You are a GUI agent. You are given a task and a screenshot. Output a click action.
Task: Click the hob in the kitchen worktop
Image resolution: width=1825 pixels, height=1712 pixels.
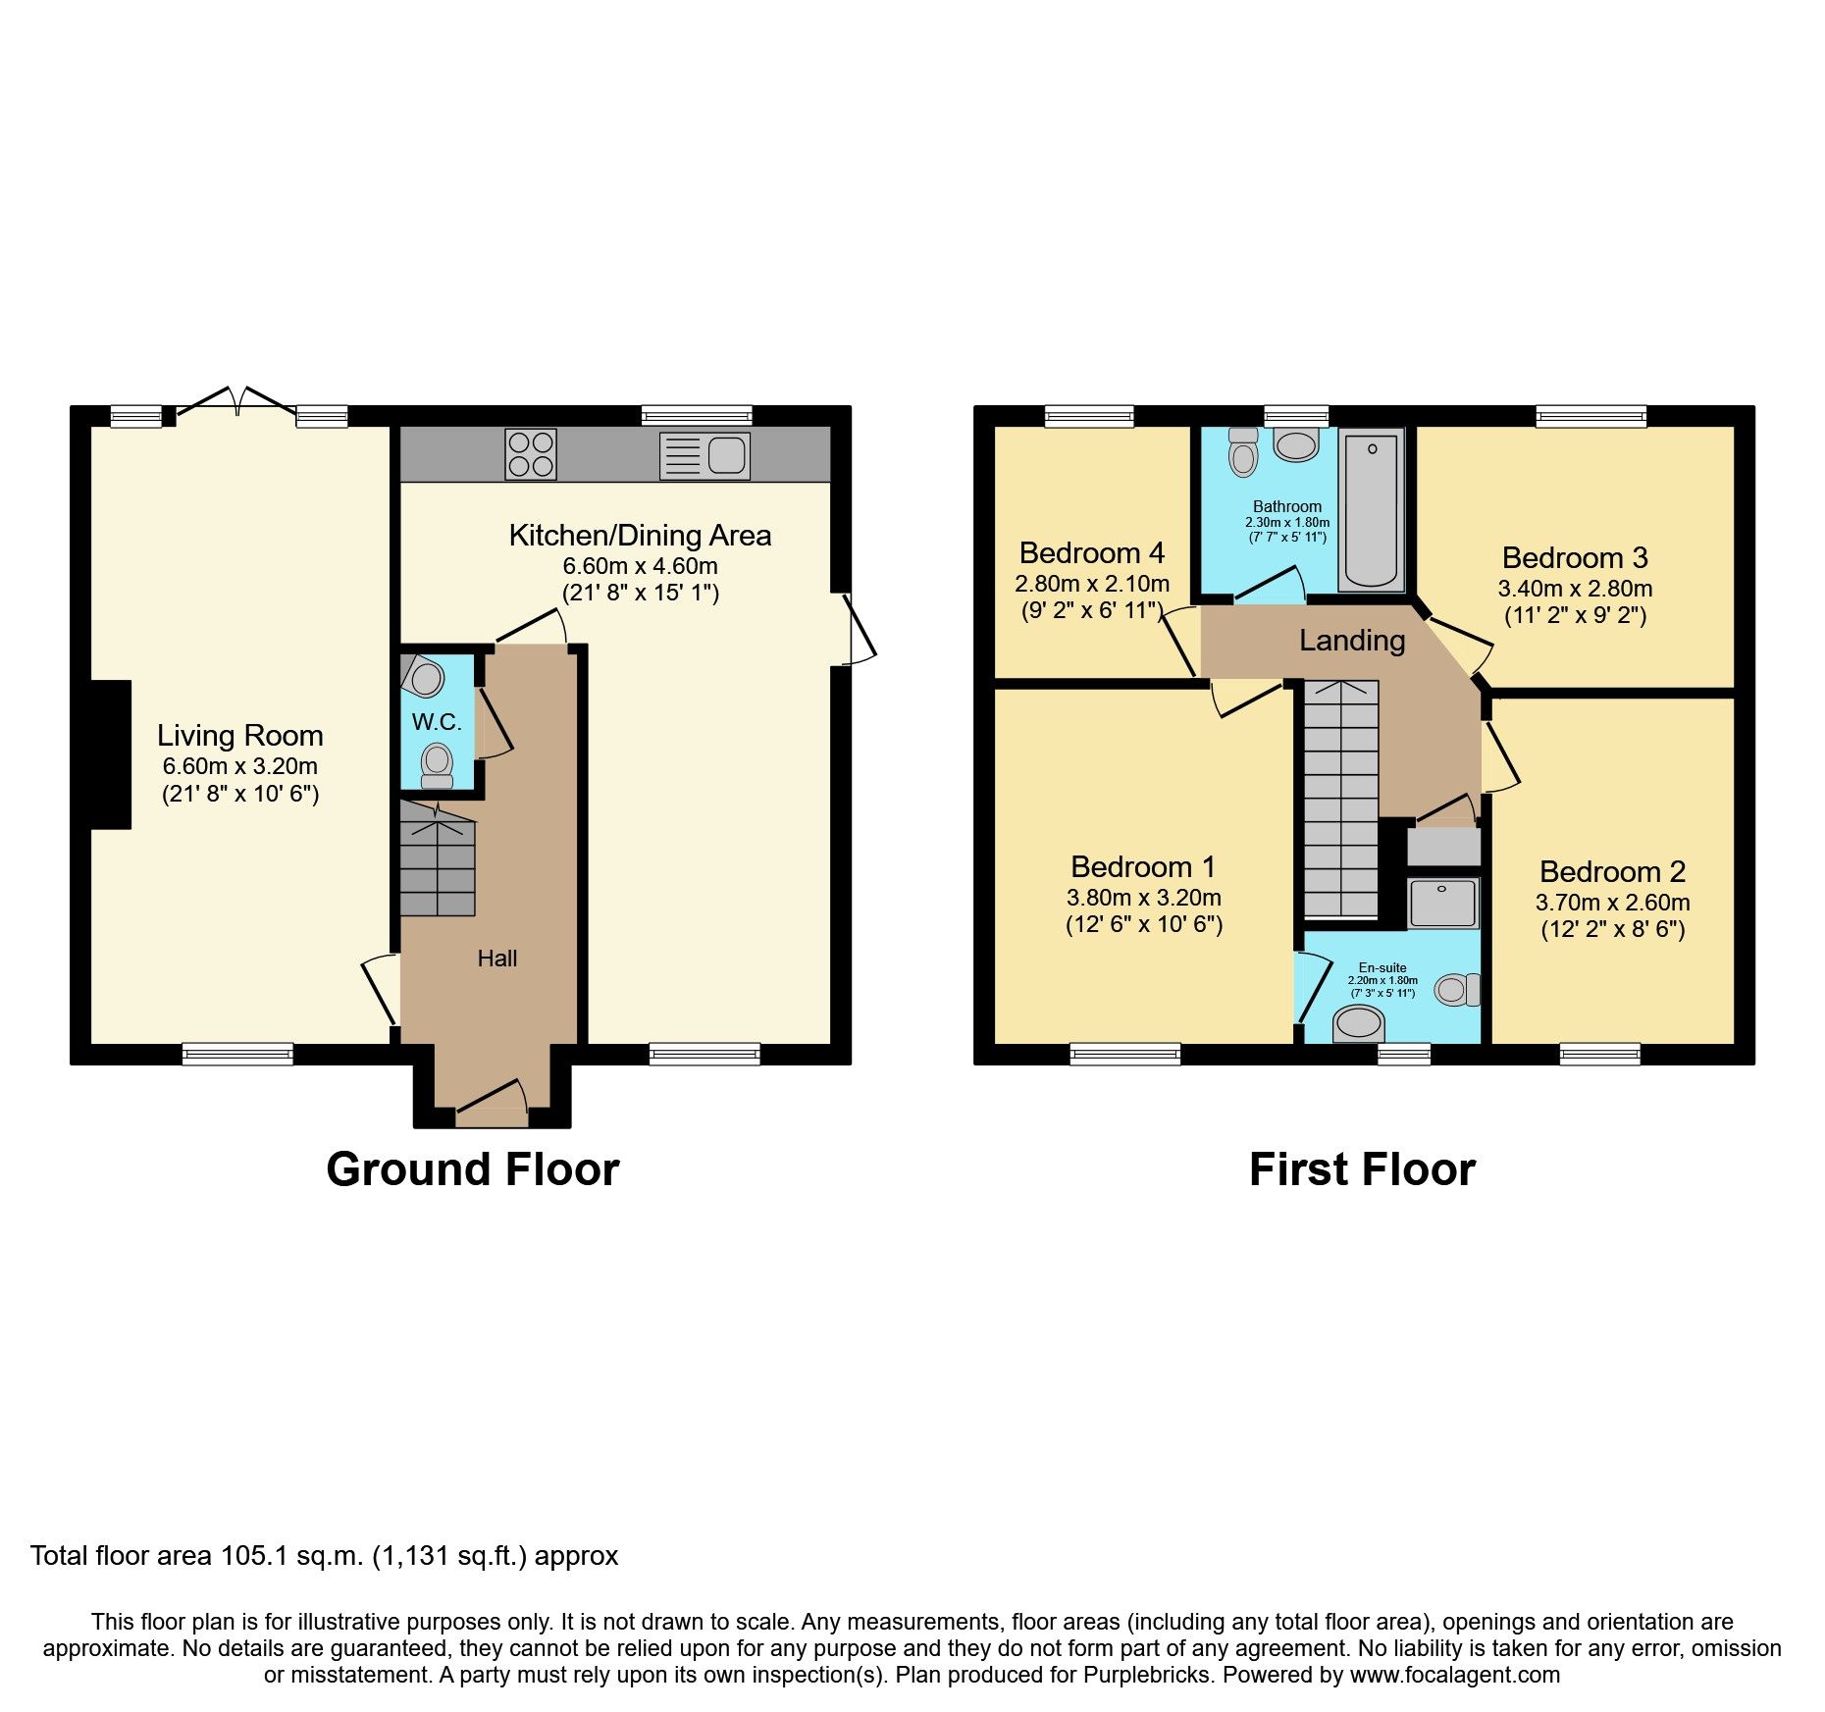tap(531, 454)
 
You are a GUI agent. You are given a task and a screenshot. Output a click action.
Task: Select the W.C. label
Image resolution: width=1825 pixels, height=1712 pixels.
tap(437, 722)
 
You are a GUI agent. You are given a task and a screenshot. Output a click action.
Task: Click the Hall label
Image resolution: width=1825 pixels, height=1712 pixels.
tap(497, 959)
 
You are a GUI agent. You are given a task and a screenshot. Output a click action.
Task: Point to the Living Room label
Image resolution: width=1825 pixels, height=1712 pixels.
tap(240, 736)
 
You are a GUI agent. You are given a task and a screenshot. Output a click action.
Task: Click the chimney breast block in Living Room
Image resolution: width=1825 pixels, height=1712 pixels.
tap(111, 754)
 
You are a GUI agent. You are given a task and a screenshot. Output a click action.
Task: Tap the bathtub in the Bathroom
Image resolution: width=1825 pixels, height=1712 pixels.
tap(1371, 510)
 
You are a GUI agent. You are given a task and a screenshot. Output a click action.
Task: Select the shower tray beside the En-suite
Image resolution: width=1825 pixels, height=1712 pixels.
tap(1442, 903)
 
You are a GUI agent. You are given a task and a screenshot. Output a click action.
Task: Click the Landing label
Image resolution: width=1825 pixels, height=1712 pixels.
tap(1352, 641)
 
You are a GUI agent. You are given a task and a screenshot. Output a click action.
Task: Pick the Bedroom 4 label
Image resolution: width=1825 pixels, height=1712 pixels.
tap(1092, 553)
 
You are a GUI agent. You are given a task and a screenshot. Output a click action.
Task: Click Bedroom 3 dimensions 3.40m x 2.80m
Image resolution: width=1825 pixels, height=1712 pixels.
tap(1575, 589)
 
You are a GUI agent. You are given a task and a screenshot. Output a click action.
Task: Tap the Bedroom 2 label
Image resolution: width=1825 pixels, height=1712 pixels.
tap(1612, 871)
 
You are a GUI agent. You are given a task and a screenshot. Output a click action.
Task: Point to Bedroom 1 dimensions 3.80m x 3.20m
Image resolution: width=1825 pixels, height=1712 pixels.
tap(1144, 898)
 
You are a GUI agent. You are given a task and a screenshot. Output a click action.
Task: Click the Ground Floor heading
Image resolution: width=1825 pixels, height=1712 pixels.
tap(472, 1169)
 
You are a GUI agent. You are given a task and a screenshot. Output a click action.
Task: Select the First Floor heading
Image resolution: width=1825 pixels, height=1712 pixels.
tap(1362, 1169)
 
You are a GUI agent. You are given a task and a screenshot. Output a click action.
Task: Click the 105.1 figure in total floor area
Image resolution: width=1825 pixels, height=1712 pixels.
tap(253, 1556)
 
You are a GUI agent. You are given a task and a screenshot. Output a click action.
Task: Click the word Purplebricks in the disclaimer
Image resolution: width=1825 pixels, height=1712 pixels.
tap(1147, 1675)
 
